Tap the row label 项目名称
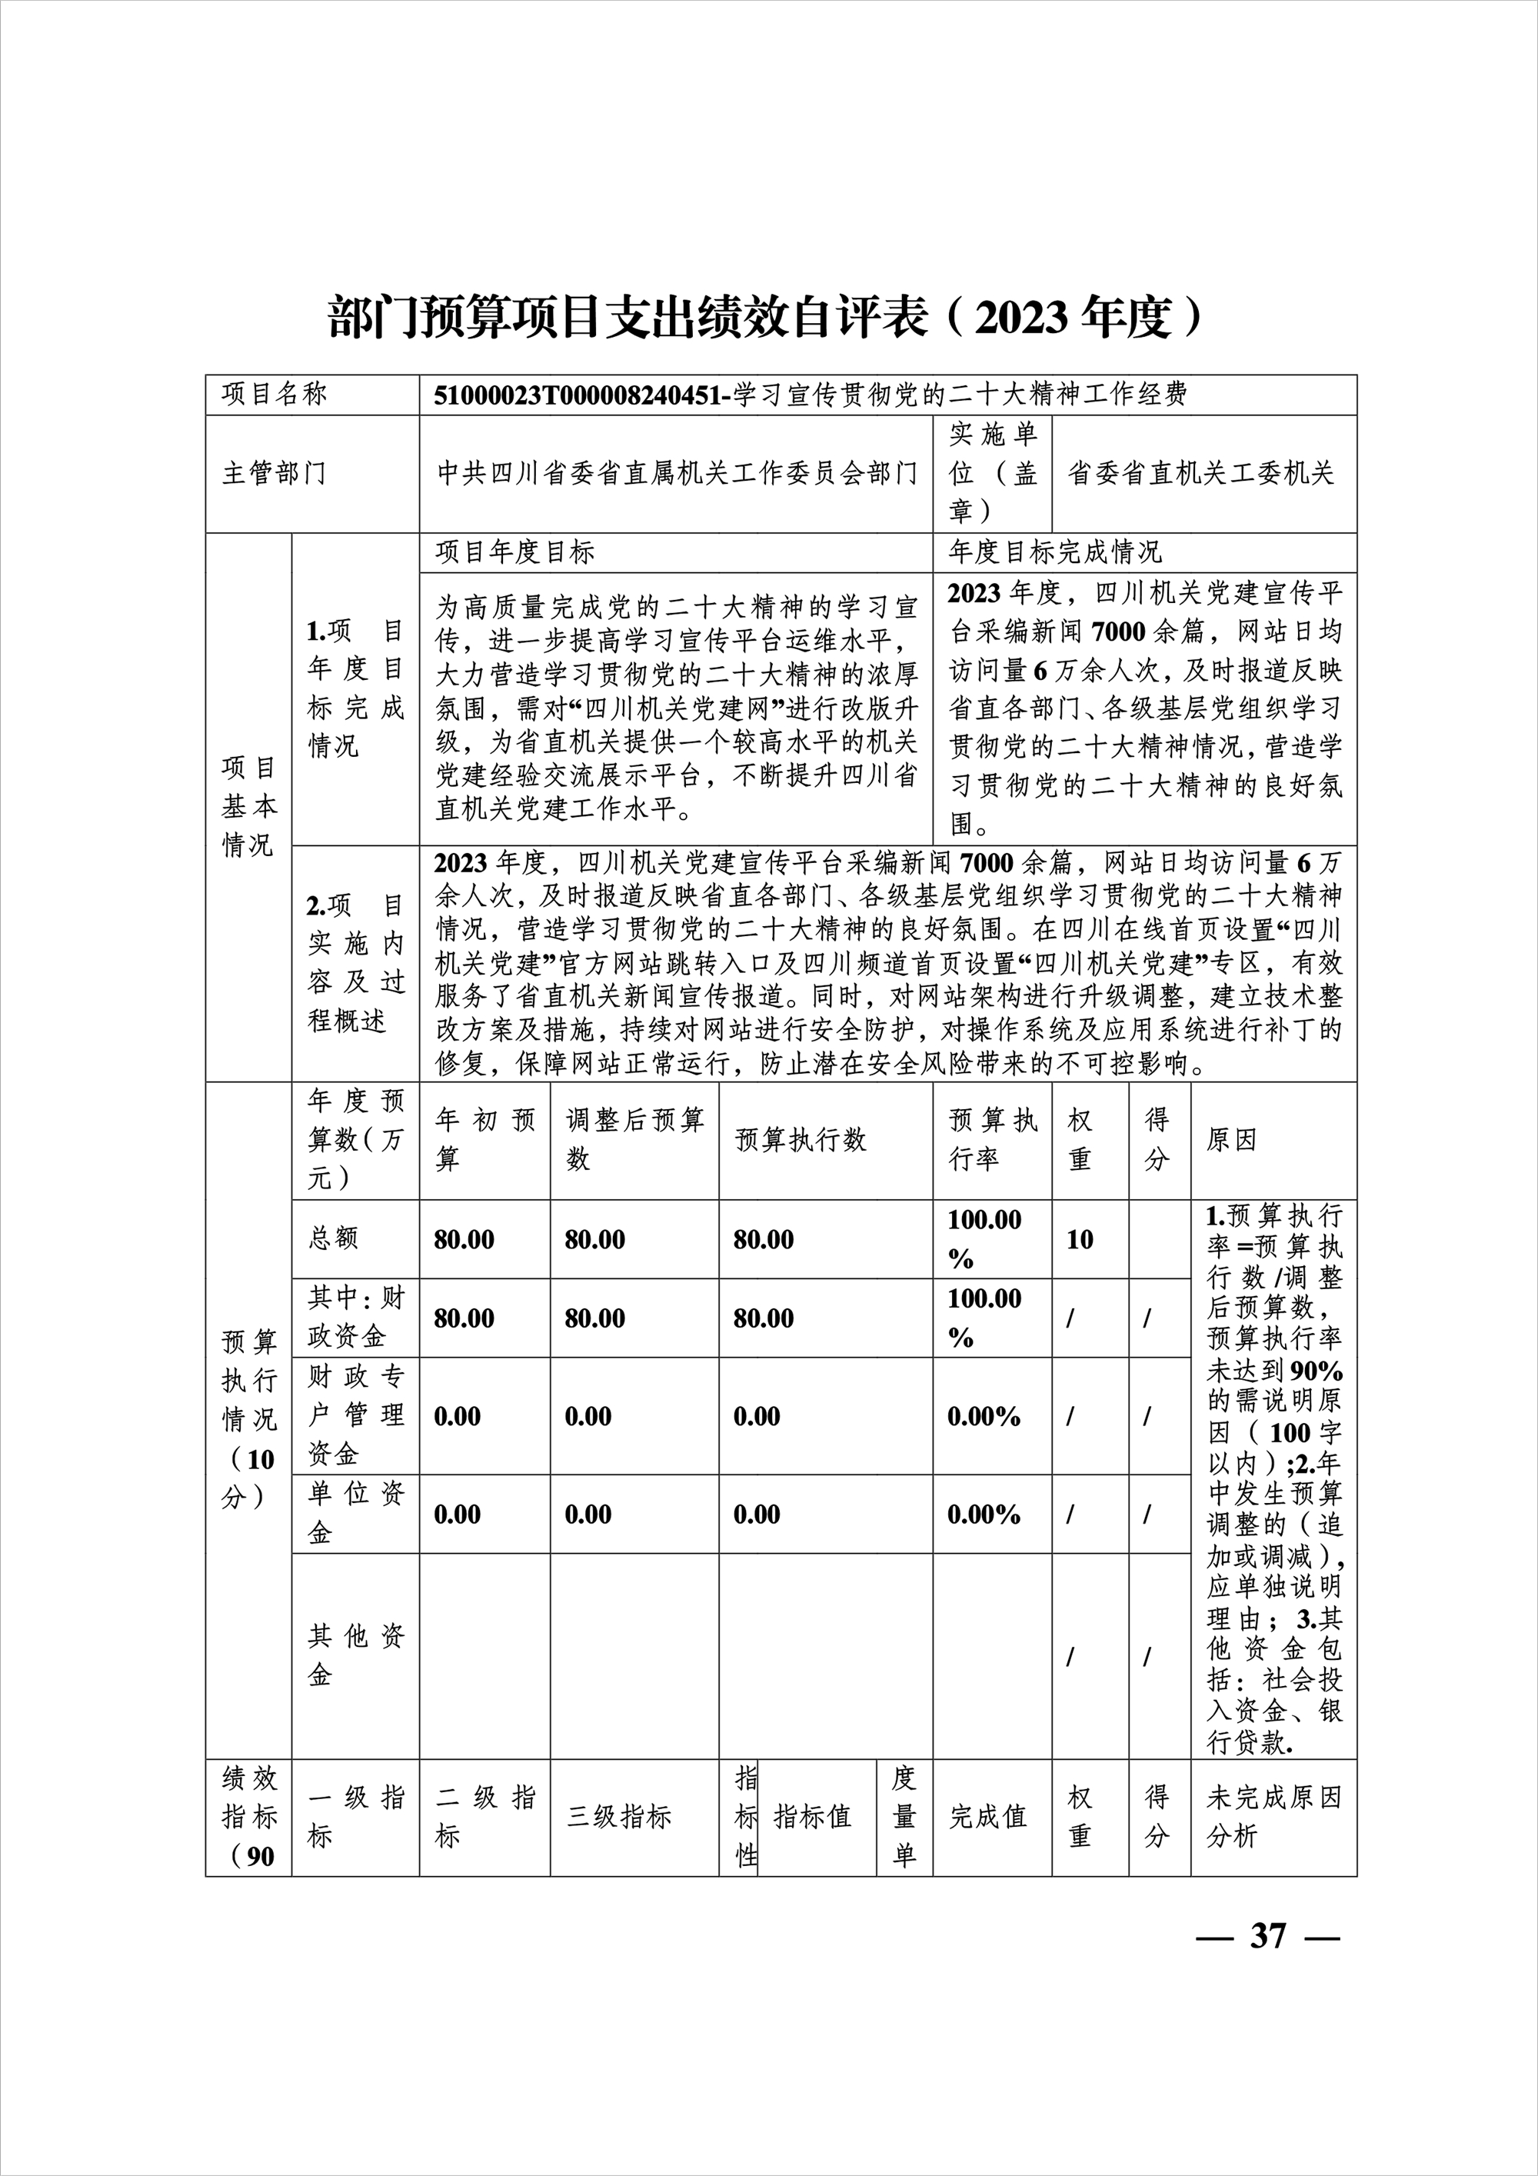[275, 395]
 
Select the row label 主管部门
[275, 473]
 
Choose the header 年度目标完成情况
[1055, 551]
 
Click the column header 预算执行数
[801, 1140]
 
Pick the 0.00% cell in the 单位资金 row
[984, 1515]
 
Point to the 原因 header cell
[1231, 1140]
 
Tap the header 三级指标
[619, 1817]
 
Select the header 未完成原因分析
[1273, 1817]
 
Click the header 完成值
[987, 1817]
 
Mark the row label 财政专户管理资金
[355, 1416]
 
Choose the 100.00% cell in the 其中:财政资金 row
[984, 1318]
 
